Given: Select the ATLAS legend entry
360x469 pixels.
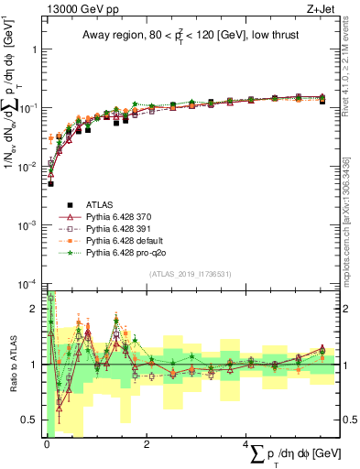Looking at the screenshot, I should [x=99, y=204].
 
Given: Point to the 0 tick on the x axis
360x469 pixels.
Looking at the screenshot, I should [x=46, y=444].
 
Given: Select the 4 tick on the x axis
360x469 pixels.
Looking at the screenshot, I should [x=245, y=444].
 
